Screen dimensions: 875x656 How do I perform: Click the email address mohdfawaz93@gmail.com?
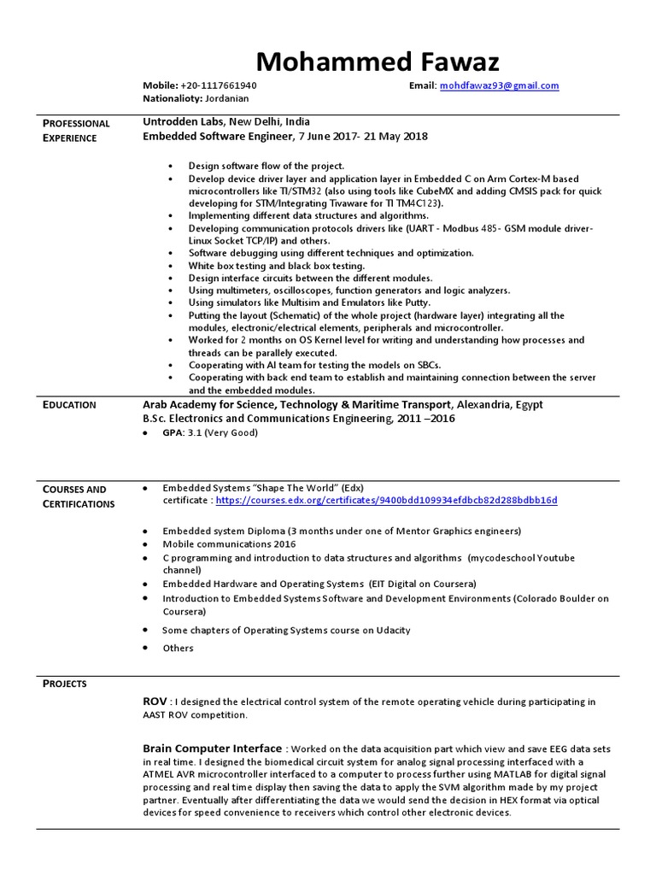point(499,85)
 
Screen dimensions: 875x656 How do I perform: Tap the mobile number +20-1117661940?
point(219,85)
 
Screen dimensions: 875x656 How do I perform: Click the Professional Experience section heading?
point(76,130)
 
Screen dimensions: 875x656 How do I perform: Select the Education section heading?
point(69,405)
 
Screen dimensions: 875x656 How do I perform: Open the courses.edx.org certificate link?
point(386,500)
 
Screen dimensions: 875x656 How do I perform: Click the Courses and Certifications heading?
point(79,496)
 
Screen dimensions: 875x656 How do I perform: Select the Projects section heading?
point(65,684)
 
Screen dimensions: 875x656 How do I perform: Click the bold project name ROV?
point(155,701)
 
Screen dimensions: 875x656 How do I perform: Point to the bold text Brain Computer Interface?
point(212,749)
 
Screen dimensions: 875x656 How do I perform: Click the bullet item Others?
point(178,648)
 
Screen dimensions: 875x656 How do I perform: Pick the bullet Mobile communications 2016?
point(229,543)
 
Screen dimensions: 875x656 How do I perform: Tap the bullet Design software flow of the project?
point(266,165)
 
